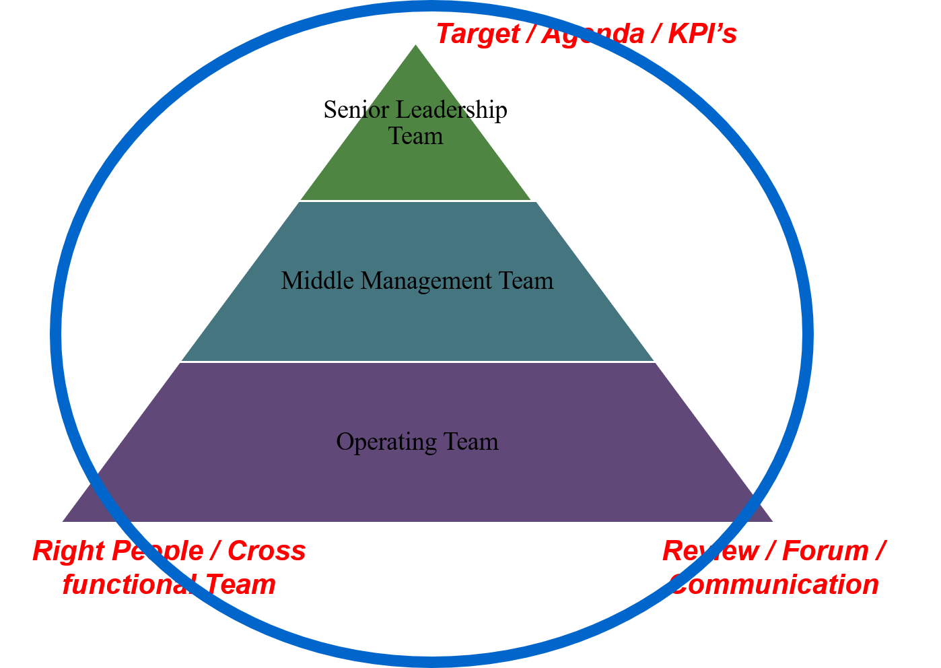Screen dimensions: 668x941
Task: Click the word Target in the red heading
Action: tap(477, 34)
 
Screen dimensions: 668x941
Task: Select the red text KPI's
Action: tap(702, 34)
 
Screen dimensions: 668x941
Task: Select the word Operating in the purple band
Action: tap(378, 442)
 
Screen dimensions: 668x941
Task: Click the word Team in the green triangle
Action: tap(416, 136)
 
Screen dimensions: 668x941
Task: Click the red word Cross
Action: tap(267, 551)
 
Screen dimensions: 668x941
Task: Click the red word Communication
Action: tap(775, 584)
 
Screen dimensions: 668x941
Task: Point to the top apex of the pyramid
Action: tap(416, 44)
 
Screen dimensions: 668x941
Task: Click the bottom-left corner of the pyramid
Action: tap(62, 521)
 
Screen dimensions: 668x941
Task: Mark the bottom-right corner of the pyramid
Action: tap(774, 521)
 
